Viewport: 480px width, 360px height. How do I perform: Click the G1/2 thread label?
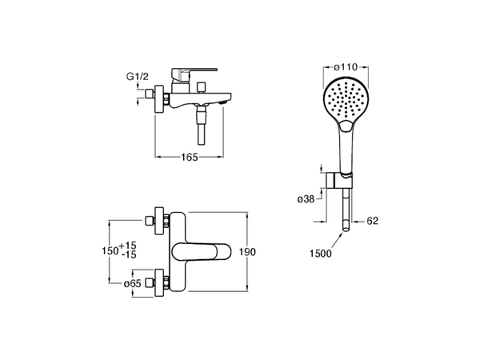(138, 77)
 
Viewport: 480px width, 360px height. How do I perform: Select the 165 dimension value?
(190, 158)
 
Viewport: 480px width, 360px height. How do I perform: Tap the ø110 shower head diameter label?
(346, 66)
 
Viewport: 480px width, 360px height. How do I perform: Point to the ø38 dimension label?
(306, 199)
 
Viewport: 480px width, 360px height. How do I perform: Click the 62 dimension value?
(372, 221)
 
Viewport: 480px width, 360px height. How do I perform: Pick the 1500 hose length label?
(321, 254)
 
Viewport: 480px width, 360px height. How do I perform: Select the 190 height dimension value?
(247, 252)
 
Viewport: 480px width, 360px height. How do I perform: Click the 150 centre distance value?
(110, 250)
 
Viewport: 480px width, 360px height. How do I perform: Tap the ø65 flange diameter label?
(133, 284)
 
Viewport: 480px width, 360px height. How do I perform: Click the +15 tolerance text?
(128, 246)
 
